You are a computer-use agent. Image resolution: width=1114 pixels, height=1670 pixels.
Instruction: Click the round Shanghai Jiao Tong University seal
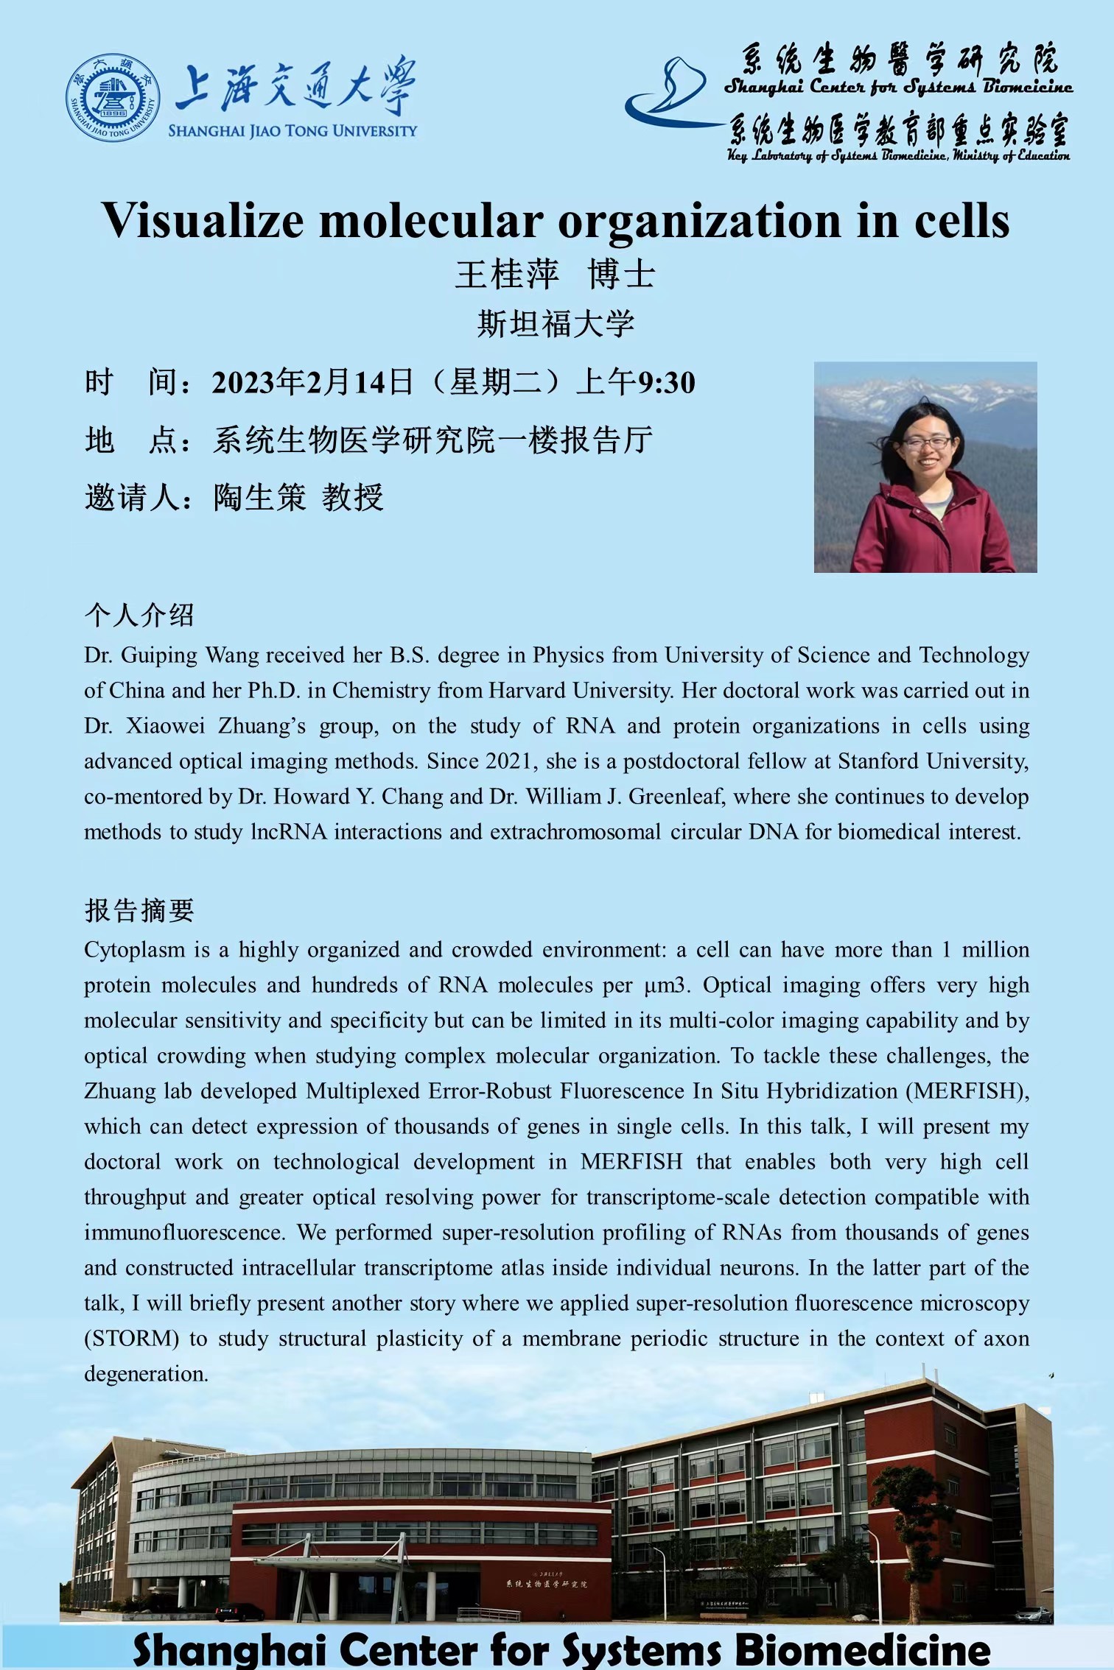point(113,97)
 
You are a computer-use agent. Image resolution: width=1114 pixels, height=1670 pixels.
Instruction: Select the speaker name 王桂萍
point(507,275)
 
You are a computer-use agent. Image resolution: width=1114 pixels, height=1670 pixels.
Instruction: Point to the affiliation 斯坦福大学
point(556,324)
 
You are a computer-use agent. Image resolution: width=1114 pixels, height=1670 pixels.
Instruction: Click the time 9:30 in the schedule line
point(667,383)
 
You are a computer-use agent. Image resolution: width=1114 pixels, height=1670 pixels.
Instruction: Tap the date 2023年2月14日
point(312,383)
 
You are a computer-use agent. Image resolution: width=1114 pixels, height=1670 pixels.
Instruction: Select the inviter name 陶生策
point(259,498)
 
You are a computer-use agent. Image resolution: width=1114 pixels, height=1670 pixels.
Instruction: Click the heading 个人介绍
point(139,615)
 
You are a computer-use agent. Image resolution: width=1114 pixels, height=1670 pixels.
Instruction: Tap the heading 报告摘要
point(139,911)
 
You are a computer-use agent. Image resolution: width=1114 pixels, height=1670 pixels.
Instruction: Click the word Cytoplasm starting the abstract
point(134,950)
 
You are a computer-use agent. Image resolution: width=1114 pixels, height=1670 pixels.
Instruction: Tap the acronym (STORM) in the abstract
point(132,1339)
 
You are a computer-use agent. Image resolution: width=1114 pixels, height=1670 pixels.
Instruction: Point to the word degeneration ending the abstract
point(146,1374)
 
